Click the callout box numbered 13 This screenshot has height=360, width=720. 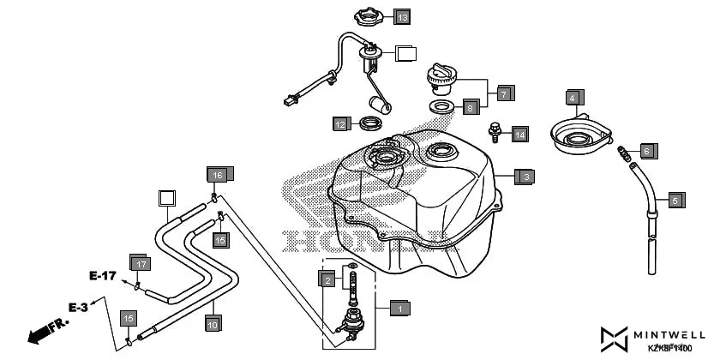[402, 16]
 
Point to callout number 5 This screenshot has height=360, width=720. [675, 201]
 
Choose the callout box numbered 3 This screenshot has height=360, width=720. [526, 177]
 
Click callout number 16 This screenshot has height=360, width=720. [218, 175]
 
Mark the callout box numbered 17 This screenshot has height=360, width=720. [139, 263]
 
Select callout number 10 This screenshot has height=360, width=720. [213, 324]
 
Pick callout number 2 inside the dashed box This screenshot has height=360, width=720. [327, 279]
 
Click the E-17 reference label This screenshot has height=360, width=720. [102, 276]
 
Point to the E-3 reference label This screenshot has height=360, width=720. [79, 307]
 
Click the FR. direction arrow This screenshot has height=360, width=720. [47, 332]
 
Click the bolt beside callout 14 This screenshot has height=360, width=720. [494, 132]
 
